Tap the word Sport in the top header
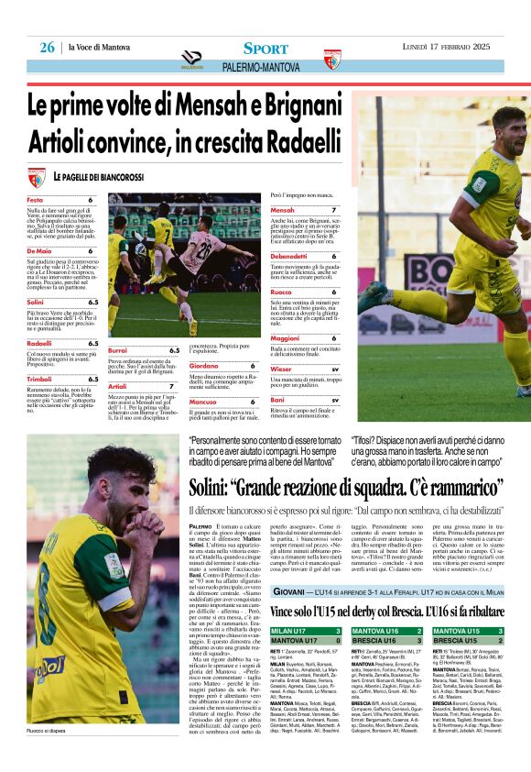pyautogui.click(x=265, y=48)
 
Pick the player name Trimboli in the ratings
pyautogui.click(x=39, y=379)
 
